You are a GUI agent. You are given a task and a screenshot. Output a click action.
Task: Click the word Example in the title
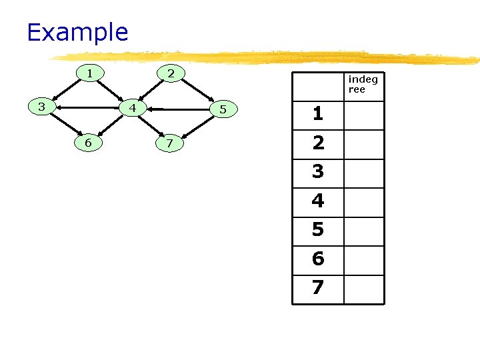pyautogui.click(x=77, y=32)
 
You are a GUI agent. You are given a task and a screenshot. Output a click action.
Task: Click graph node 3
pyautogui.click(x=42, y=106)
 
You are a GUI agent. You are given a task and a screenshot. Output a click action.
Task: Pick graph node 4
pyautogui.click(x=133, y=107)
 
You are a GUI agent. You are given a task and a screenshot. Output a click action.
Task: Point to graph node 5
pyautogui.click(x=223, y=109)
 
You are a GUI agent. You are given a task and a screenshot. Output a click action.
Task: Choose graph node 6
pyautogui.click(x=88, y=142)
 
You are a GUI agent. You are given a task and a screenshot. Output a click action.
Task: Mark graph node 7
pyautogui.click(x=170, y=143)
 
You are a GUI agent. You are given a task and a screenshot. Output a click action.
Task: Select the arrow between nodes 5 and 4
pyautogui.click(x=178, y=108)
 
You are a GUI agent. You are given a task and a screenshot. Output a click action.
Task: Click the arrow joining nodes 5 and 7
pyautogui.click(x=197, y=126)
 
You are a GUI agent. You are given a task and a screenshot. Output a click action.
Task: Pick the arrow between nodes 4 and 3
pyautogui.click(x=87, y=107)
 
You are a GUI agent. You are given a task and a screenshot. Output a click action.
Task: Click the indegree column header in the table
pyautogui.click(x=363, y=85)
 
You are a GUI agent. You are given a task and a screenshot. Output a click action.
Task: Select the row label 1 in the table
pyautogui.click(x=318, y=114)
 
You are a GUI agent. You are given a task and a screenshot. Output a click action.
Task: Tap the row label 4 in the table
pyautogui.click(x=318, y=201)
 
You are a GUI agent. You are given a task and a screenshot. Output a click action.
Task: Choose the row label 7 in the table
pyautogui.click(x=318, y=288)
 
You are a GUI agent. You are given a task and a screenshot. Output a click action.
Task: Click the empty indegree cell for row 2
pyautogui.click(x=364, y=143)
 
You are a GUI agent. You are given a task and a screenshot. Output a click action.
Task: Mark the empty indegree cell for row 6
pyautogui.click(x=364, y=259)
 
